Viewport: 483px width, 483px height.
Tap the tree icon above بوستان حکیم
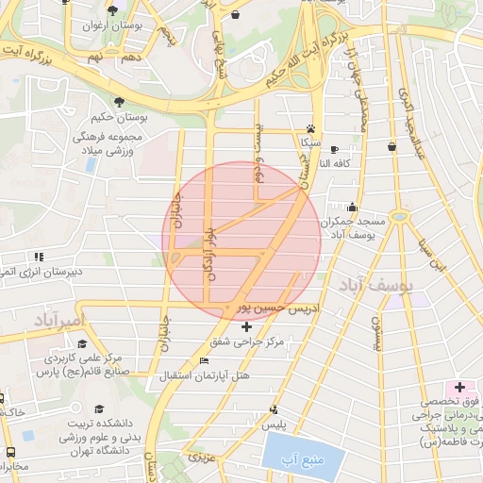coord(119,102)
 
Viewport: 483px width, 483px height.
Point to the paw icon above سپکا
coord(310,129)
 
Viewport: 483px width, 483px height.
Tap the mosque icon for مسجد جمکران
coord(353,208)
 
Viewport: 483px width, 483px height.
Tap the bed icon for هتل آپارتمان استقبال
coord(204,361)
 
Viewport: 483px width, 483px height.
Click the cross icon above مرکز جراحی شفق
coord(247,326)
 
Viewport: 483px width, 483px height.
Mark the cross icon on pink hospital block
coord(460,387)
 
